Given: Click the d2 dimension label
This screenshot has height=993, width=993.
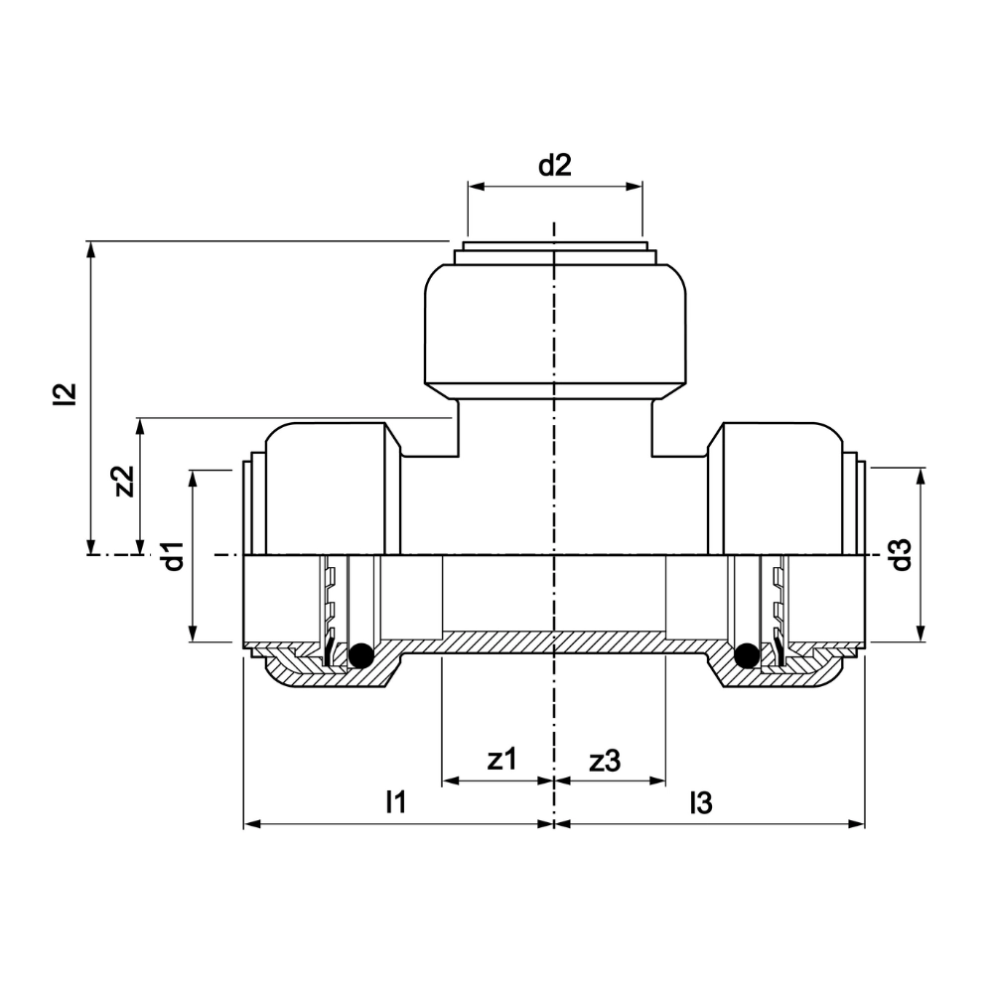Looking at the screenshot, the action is pyautogui.click(x=555, y=165).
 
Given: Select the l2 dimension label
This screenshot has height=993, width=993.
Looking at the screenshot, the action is pyautogui.click(x=66, y=393).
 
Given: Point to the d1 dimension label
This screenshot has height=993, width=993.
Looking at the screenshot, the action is pyautogui.click(x=174, y=556).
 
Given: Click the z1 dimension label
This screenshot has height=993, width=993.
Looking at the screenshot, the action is pyautogui.click(x=502, y=759).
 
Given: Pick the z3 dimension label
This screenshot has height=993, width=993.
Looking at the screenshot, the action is pyautogui.click(x=605, y=761).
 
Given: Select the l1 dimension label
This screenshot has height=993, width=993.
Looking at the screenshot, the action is pyautogui.click(x=396, y=801).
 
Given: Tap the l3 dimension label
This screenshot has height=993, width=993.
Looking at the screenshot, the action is pyautogui.click(x=701, y=803).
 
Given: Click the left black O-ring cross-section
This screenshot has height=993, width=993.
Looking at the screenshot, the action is pyautogui.click(x=361, y=654).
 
